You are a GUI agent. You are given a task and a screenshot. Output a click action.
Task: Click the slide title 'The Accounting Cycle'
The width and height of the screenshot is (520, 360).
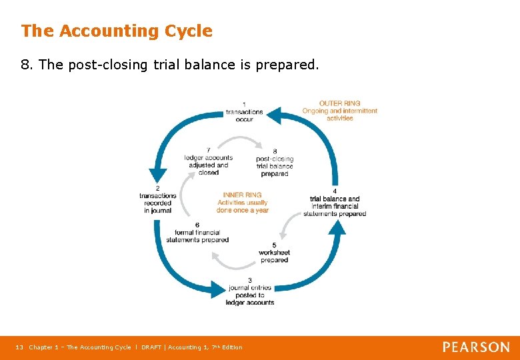pos(117,31)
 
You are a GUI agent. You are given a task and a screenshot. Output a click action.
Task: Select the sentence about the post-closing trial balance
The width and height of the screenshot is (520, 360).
pos(170,65)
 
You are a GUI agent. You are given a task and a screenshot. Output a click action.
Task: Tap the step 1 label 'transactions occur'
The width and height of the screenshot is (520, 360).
pos(244,112)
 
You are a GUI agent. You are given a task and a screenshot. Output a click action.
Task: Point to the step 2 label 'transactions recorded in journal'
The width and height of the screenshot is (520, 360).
pos(157,199)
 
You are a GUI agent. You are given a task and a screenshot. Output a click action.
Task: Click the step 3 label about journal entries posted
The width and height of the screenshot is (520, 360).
pos(250,291)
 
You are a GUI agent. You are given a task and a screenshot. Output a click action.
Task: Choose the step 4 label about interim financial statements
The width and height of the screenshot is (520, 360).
pos(335,203)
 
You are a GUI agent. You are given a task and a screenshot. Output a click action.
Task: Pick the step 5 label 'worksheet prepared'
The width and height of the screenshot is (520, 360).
pos(275,253)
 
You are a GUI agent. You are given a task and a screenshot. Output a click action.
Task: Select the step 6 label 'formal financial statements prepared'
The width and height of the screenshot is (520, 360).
pos(197,233)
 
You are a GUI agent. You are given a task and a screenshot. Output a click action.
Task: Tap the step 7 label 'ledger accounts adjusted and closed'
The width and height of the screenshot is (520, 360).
pos(209,161)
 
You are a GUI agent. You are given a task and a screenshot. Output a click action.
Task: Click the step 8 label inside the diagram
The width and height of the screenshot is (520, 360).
pos(275,163)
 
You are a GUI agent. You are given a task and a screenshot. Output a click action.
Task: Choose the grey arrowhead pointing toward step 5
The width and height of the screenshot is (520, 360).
pos(283,233)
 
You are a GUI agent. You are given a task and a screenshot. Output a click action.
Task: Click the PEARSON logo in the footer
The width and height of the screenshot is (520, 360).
pos(476,347)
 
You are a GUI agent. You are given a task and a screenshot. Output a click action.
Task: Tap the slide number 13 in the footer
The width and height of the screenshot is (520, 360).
pos(19,347)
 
